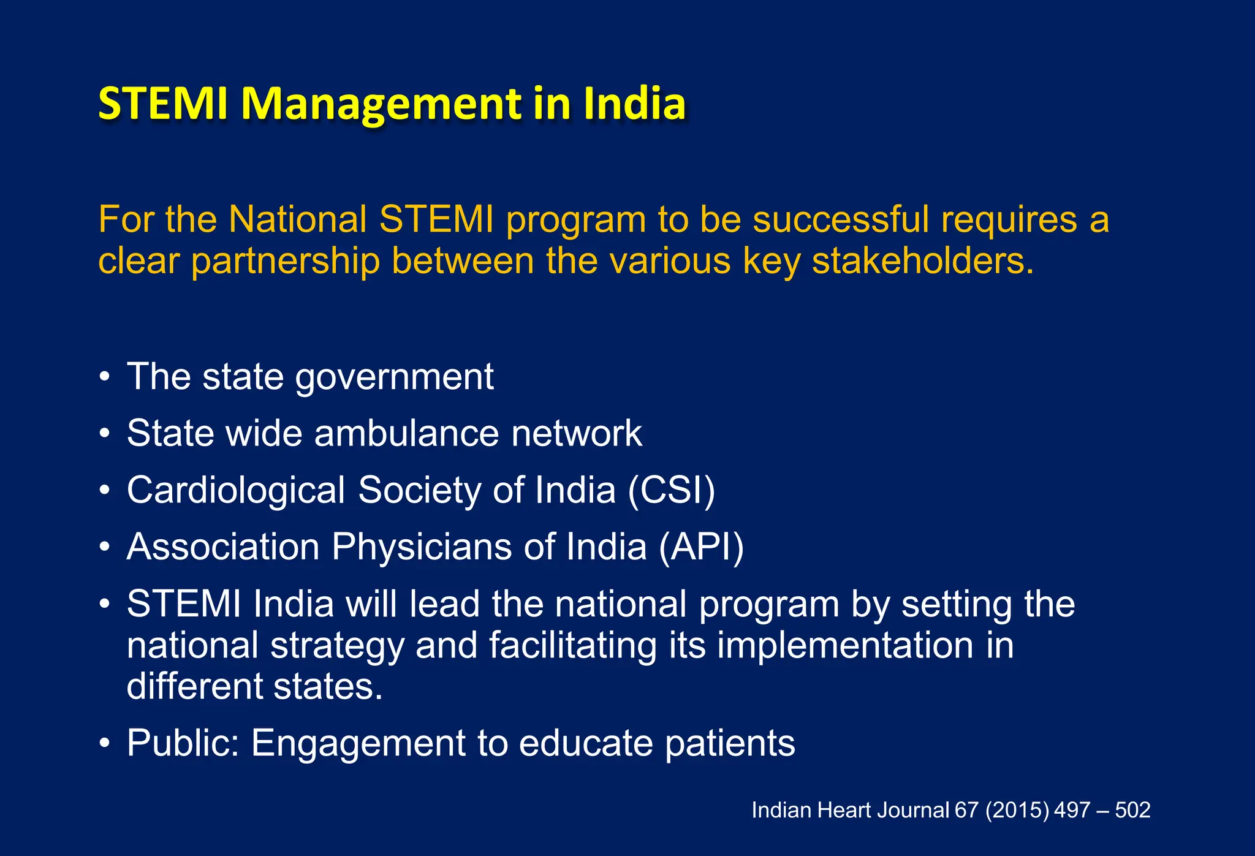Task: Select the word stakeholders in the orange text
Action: (x=922, y=261)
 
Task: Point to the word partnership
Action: (x=285, y=262)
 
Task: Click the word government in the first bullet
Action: (x=394, y=377)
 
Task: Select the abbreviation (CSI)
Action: (x=672, y=490)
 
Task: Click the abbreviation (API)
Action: (x=702, y=547)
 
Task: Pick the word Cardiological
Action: (x=236, y=490)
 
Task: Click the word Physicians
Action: (x=422, y=547)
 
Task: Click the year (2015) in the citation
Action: (x=1017, y=810)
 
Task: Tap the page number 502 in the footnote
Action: (x=1132, y=810)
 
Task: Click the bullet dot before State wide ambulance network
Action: (x=105, y=434)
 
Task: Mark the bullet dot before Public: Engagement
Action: (x=105, y=743)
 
